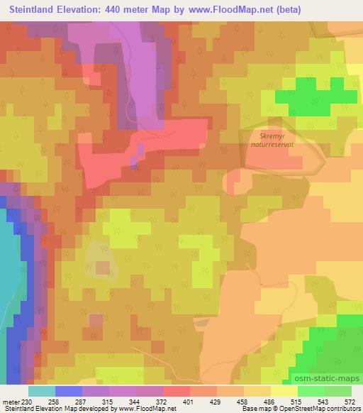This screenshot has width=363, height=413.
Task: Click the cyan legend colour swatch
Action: [x=42, y=391]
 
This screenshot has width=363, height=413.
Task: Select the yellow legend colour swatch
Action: [x=284, y=391]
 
